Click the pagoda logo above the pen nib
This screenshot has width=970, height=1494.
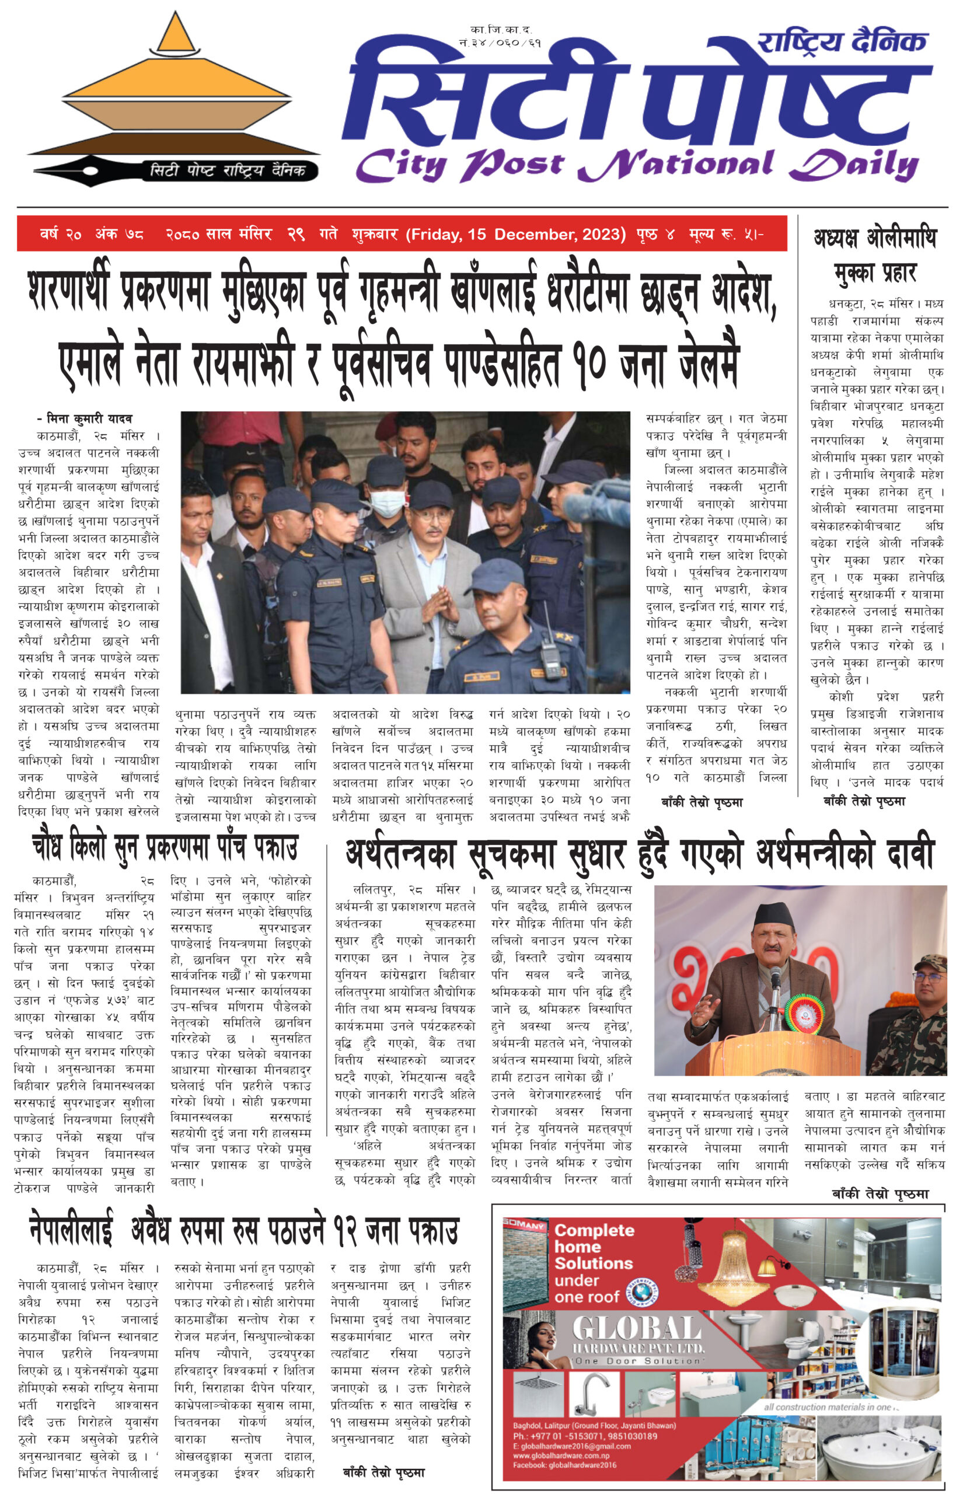click(x=175, y=88)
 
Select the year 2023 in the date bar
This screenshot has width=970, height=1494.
click(x=602, y=234)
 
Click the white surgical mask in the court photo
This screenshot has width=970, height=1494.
click(x=387, y=504)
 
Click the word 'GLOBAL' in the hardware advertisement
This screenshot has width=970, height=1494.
click(x=636, y=1328)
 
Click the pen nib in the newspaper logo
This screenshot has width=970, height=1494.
click(x=69, y=169)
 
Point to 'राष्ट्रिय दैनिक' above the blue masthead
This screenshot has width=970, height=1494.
click(x=843, y=43)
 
